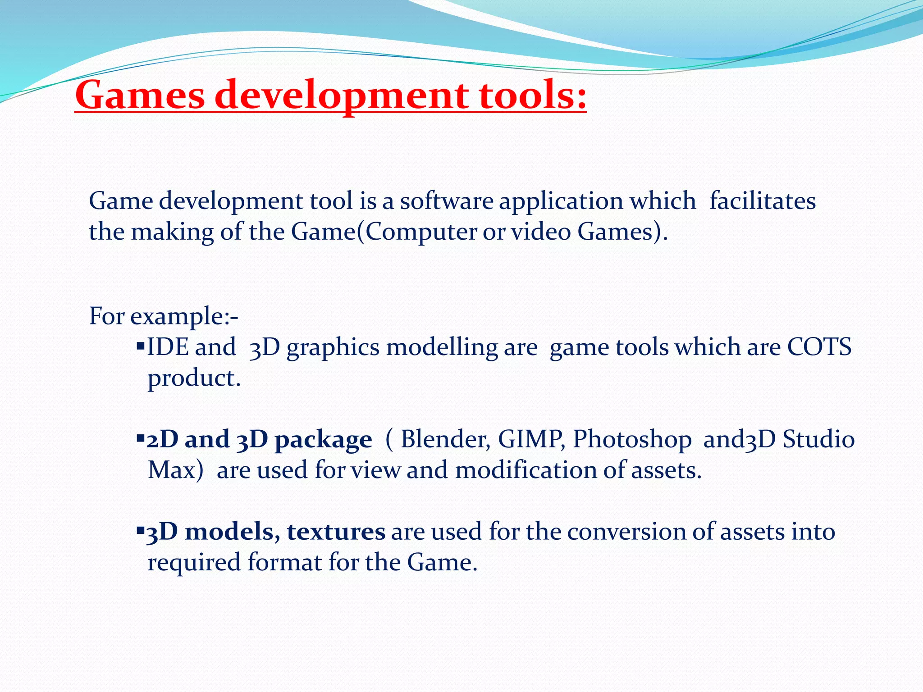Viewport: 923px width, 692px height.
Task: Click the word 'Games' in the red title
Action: click(x=140, y=96)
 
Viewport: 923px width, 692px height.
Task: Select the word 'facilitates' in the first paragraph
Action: click(x=763, y=201)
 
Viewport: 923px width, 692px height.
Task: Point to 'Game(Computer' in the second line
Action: click(x=384, y=232)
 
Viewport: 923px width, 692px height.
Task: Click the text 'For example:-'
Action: click(x=164, y=316)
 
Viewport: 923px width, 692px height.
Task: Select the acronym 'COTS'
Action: click(x=819, y=347)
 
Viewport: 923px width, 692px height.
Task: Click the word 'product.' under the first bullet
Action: click(x=194, y=378)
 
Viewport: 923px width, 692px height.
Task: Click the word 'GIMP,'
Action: click(x=531, y=439)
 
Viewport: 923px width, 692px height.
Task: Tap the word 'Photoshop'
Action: click(x=632, y=439)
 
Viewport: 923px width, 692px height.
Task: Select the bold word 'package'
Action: click(x=323, y=440)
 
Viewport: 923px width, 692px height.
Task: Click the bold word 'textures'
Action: click(x=336, y=532)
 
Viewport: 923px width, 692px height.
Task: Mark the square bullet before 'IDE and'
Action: click(x=140, y=346)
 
